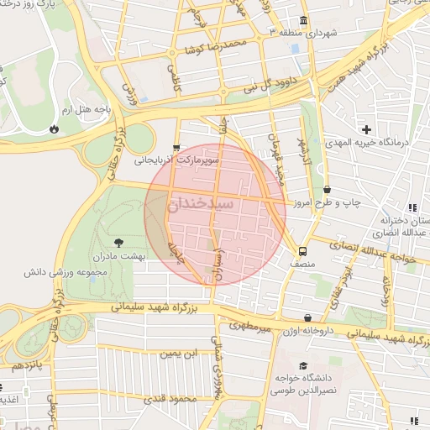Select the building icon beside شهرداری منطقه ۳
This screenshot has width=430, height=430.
(302, 20)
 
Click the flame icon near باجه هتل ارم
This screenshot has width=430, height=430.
(55, 129)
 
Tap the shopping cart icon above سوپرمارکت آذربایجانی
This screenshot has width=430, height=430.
(176, 146)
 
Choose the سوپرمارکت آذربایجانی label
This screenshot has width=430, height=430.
(186, 158)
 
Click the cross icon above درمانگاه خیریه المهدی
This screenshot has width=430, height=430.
(366, 129)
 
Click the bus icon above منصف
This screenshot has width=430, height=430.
(302, 250)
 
